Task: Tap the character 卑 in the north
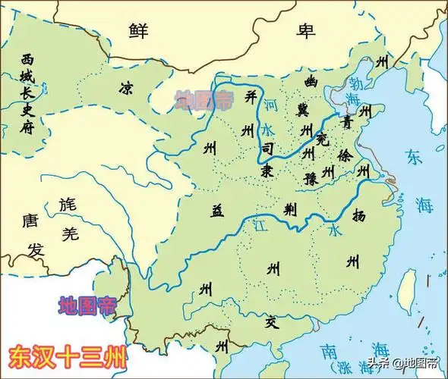point(306,30)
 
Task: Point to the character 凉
point(126,89)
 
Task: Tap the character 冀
point(304,111)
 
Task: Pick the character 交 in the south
point(271,319)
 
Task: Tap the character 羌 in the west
point(70,234)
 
